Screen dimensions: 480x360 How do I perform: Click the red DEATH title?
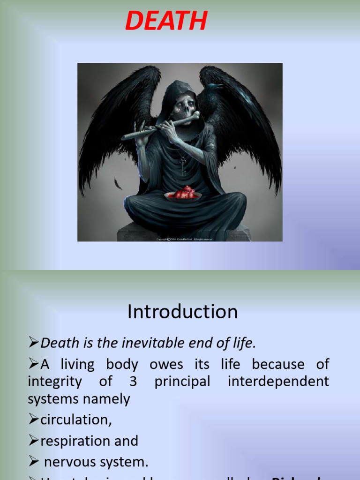coord(166,22)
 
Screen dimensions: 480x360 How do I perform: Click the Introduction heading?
coord(182,312)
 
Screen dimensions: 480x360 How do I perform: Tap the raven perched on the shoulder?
coord(211,94)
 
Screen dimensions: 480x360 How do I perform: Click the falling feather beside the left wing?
coord(118,183)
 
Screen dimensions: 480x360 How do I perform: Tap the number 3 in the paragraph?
coord(133,382)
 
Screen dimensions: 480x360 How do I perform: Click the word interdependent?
coord(278,382)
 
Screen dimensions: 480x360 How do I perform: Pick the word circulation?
coord(76,420)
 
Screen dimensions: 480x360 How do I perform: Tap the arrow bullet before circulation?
coord(34,420)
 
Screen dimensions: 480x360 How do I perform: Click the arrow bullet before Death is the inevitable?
coord(34,344)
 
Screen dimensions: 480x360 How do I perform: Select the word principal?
coord(182,382)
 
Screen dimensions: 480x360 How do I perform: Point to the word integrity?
coord(54,382)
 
